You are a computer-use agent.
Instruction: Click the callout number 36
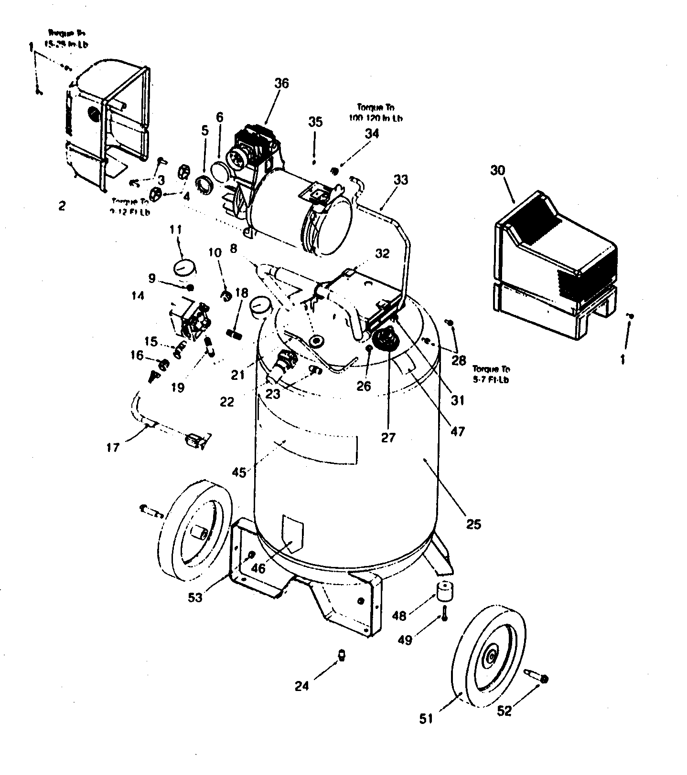[x=281, y=83]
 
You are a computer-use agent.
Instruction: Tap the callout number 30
[x=498, y=170]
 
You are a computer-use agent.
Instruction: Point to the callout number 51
[x=426, y=718]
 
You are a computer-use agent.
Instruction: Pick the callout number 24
[x=301, y=686]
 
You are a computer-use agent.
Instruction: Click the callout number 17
[x=113, y=448]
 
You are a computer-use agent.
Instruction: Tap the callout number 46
[x=258, y=568]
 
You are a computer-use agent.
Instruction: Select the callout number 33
[x=401, y=180]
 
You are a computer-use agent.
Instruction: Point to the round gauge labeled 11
[x=183, y=267]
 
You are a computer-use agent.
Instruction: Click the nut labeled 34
[x=335, y=170]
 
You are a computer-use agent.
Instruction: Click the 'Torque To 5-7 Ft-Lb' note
[x=491, y=374]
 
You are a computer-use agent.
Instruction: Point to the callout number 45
[x=239, y=472]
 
